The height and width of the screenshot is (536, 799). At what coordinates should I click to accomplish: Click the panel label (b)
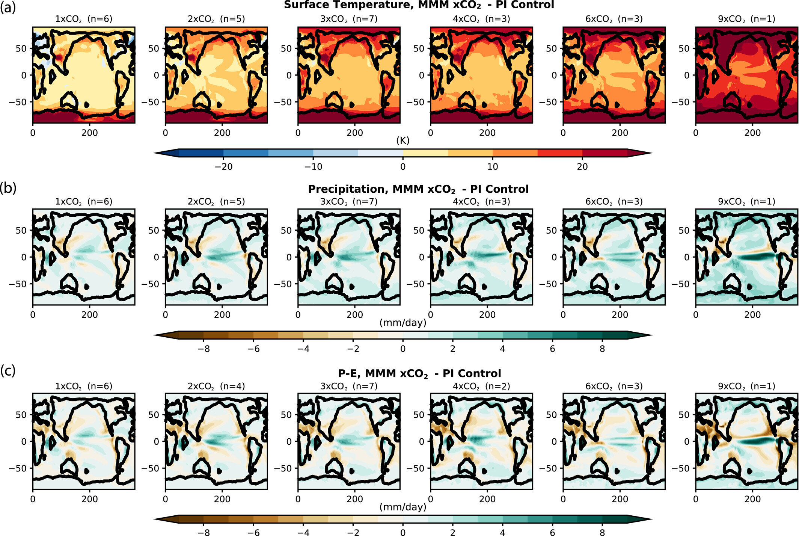(8, 188)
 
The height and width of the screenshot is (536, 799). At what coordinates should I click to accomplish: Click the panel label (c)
(8, 371)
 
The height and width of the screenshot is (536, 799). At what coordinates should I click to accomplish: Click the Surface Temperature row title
(418, 5)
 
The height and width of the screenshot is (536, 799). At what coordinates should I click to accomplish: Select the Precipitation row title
(418, 189)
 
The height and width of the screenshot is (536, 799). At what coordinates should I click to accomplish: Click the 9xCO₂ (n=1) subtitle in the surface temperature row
(746, 19)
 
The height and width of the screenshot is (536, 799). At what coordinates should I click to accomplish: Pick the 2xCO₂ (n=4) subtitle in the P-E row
(216, 386)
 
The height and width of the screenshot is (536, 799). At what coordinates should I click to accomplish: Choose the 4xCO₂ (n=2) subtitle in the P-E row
(481, 386)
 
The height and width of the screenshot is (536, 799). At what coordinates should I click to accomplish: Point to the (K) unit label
(403, 140)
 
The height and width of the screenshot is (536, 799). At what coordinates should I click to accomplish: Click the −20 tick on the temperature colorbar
(223, 167)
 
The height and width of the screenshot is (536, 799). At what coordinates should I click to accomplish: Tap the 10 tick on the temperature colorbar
(493, 167)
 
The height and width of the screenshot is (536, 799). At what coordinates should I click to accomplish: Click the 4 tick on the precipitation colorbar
(502, 349)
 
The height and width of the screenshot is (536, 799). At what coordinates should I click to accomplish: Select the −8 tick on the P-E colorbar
(204, 532)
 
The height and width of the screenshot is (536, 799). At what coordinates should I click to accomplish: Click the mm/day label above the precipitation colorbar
(403, 323)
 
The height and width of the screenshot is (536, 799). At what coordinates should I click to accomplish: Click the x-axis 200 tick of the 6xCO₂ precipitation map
(620, 315)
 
